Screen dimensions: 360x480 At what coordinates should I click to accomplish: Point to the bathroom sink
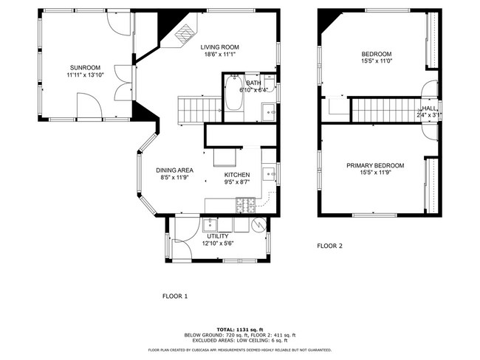coord(269,112)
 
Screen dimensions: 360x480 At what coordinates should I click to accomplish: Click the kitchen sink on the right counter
coord(270,174)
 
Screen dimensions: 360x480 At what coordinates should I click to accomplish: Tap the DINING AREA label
coord(174,170)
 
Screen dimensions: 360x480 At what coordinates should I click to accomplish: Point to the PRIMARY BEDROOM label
coord(375,165)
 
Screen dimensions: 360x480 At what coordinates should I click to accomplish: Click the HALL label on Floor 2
coord(429,108)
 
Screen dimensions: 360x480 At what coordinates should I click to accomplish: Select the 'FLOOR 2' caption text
coord(329,246)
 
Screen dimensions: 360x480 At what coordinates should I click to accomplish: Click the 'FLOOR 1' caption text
coord(175,296)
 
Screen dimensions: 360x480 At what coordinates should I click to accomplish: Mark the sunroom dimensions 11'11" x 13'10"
coord(85,75)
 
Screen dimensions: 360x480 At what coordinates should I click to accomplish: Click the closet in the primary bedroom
coord(432,184)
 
